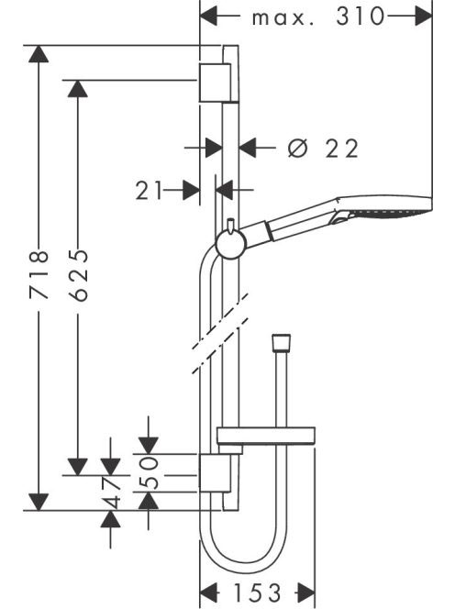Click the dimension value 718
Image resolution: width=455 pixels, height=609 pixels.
click(x=39, y=274)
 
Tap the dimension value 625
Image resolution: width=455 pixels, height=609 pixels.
click(x=78, y=275)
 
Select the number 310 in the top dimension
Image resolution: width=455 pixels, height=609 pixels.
click(x=361, y=17)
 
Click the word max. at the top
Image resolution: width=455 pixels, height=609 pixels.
click(x=283, y=18)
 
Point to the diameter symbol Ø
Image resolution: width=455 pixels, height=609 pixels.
click(x=298, y=148)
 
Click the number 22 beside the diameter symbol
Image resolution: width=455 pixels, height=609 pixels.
click(x=342, y=149)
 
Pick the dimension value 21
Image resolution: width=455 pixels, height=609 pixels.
click(x=149, y=191)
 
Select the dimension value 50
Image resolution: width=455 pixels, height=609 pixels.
click(x=149, y=472)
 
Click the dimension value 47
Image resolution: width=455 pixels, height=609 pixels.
click(x=111, y=493)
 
